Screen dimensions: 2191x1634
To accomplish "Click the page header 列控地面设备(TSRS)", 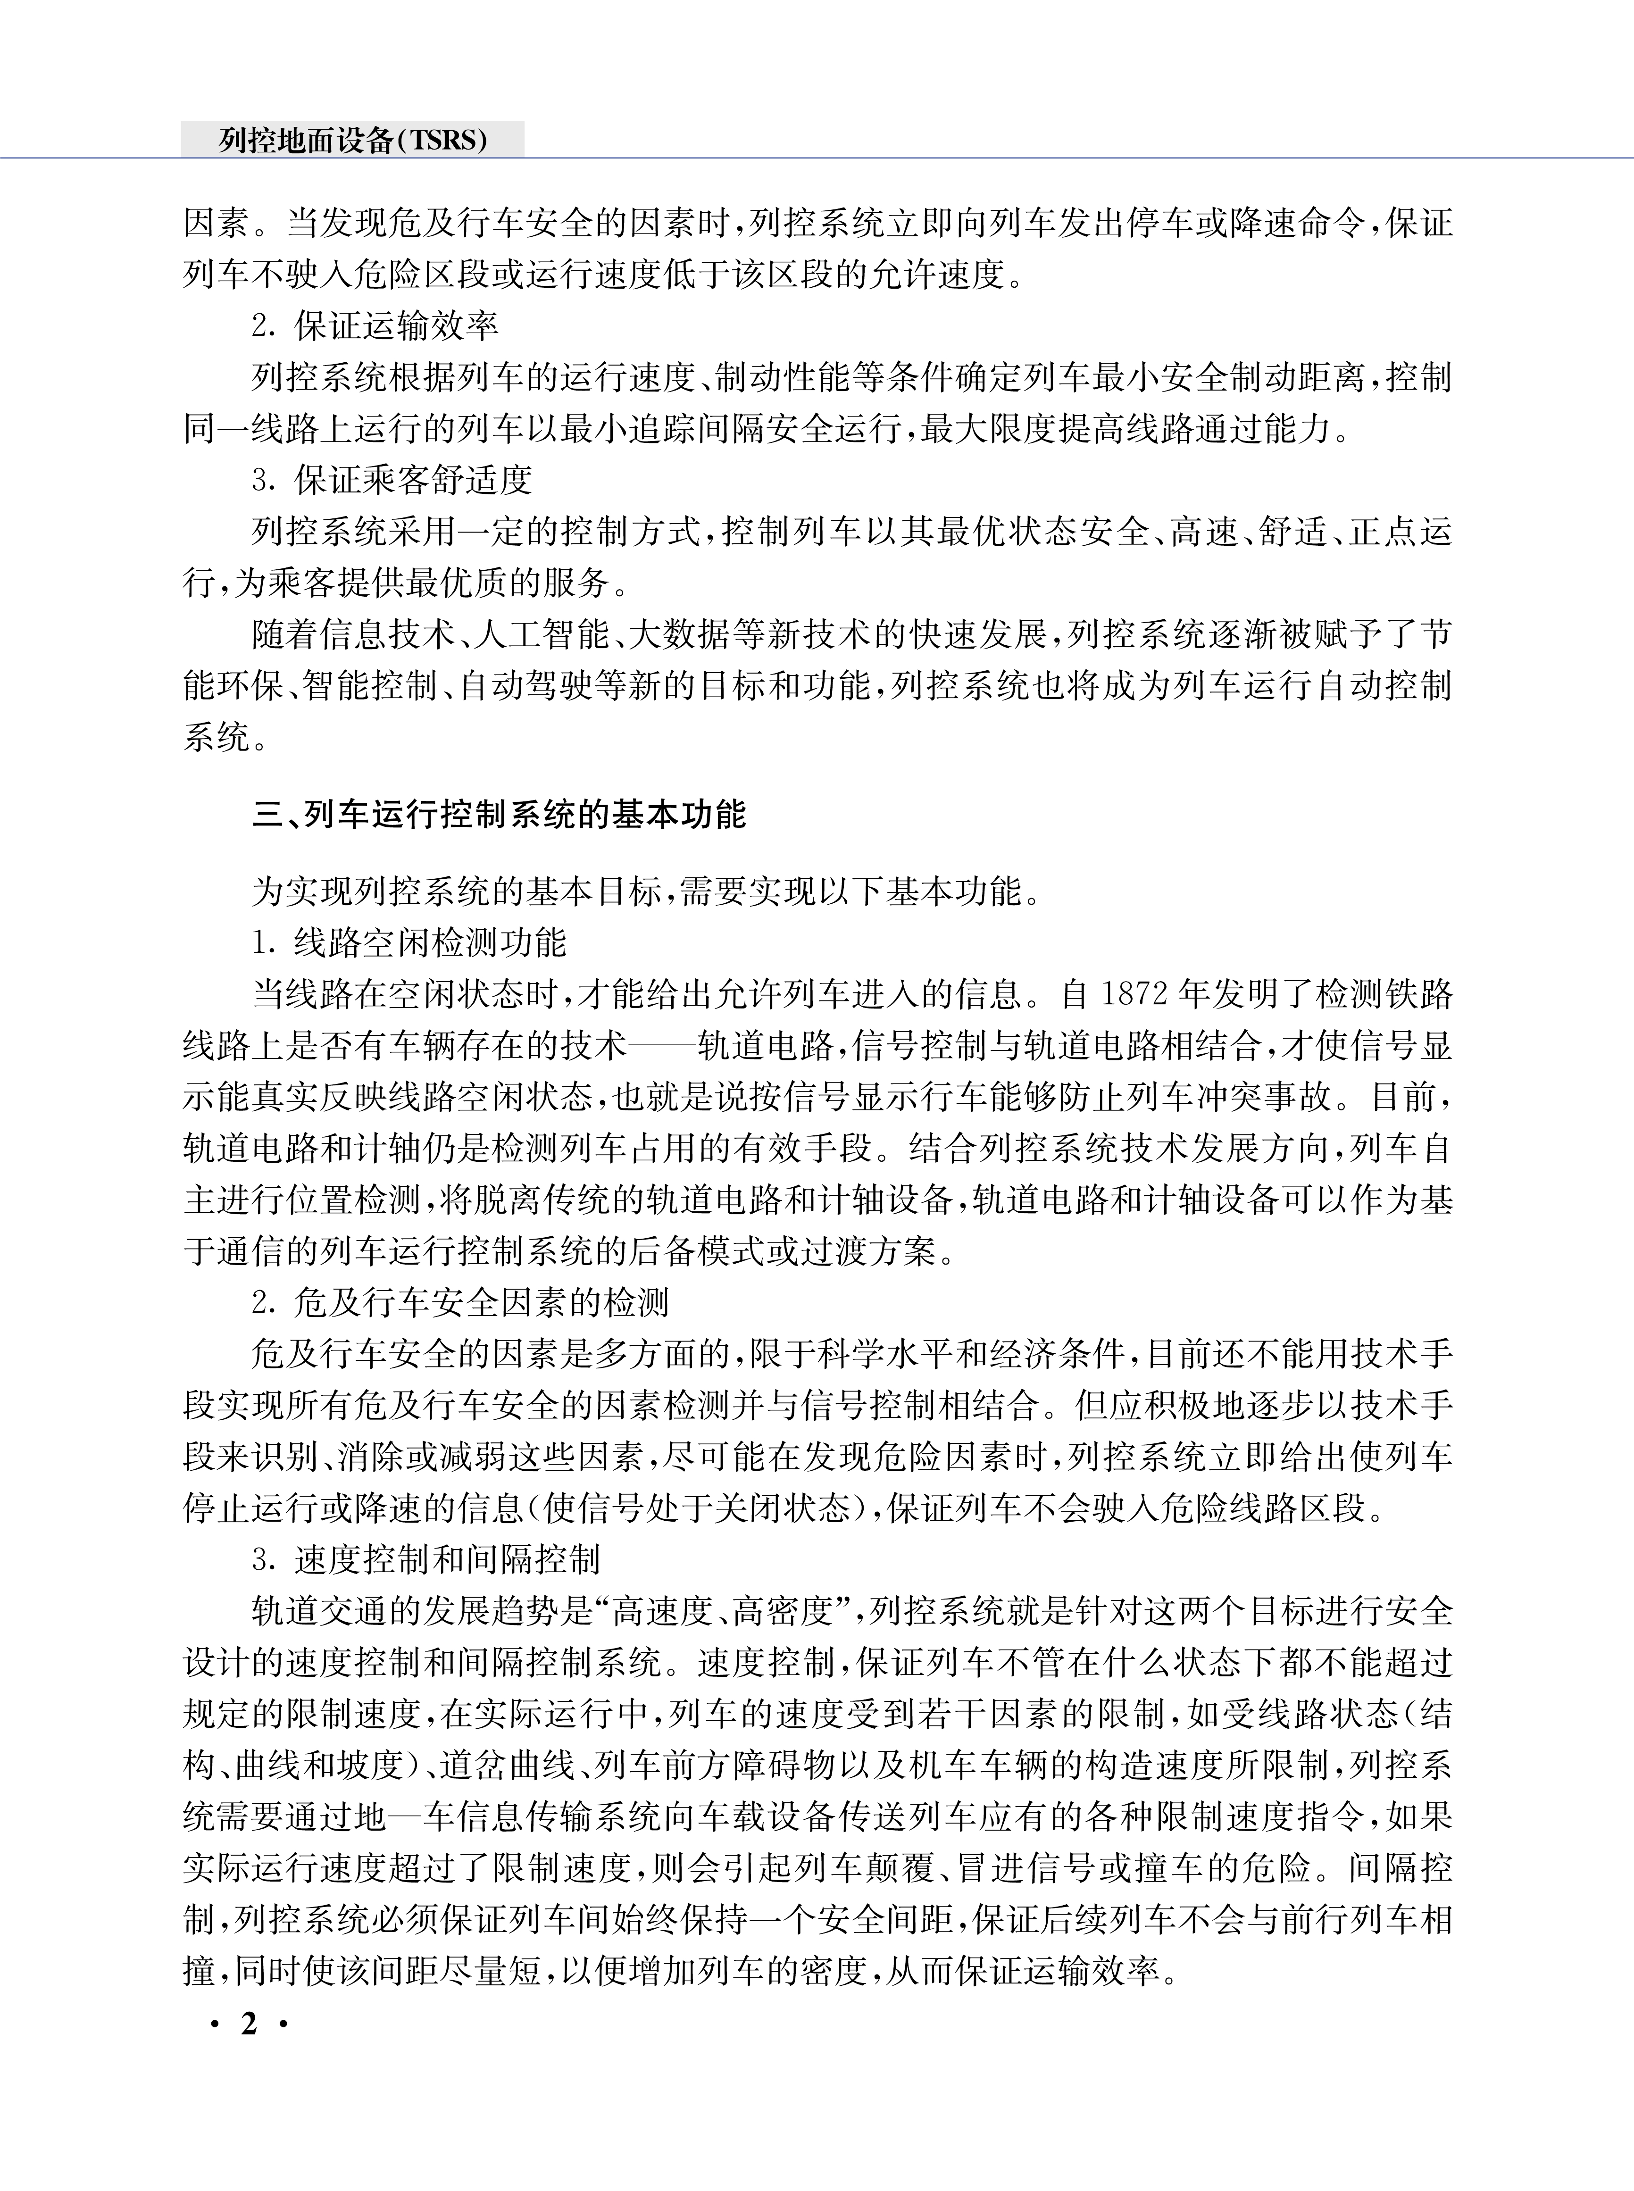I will coord(353,141).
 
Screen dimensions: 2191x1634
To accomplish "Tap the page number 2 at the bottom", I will coord(248,2024).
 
